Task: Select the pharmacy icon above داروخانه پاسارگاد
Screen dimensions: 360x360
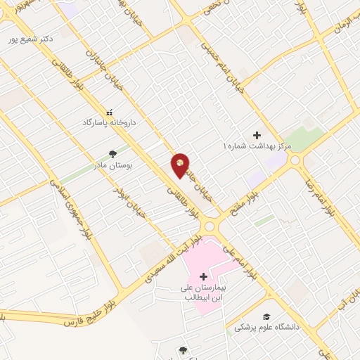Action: (x=109, y=111)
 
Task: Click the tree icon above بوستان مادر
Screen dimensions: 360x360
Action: (x=112, y=153)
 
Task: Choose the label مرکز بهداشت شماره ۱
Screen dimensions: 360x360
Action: (x=256, y=146)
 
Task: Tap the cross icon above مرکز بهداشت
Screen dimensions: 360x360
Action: (x=257, y=134)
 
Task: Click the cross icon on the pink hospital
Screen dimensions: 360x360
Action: (x=203, y=276)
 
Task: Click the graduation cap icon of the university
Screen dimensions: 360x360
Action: (x=266, y=317)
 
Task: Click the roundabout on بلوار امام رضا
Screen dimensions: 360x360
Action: (x=294, y=161)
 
